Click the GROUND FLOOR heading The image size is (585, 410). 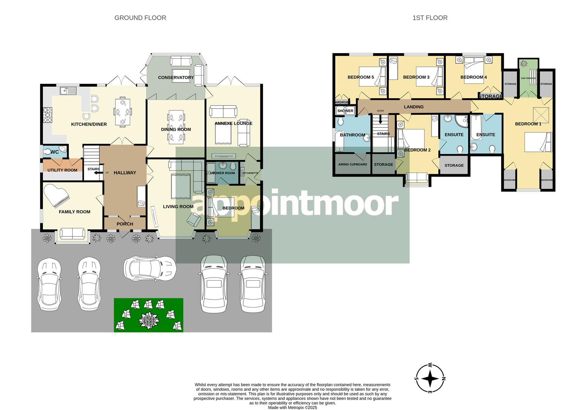point(140,18)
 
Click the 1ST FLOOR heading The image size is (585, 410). point(430,18)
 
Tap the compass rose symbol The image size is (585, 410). point(430,378)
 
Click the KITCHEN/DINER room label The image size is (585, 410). point(89,124)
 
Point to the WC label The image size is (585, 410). point(55,152)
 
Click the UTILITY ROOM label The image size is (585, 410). point(62,170)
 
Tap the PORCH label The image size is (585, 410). point(125,224)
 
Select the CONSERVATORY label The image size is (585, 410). point(176,77)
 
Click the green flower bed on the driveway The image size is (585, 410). point(148,315)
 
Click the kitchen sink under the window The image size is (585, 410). point(68,91)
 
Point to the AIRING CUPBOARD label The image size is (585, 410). point(352,164)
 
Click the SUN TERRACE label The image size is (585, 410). point(528,78)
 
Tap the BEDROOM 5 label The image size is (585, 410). point(361,77)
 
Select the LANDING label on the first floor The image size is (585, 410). point(413,107)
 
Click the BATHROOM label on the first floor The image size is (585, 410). point(352,135)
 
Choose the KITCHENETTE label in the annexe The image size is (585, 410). point(250,173)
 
